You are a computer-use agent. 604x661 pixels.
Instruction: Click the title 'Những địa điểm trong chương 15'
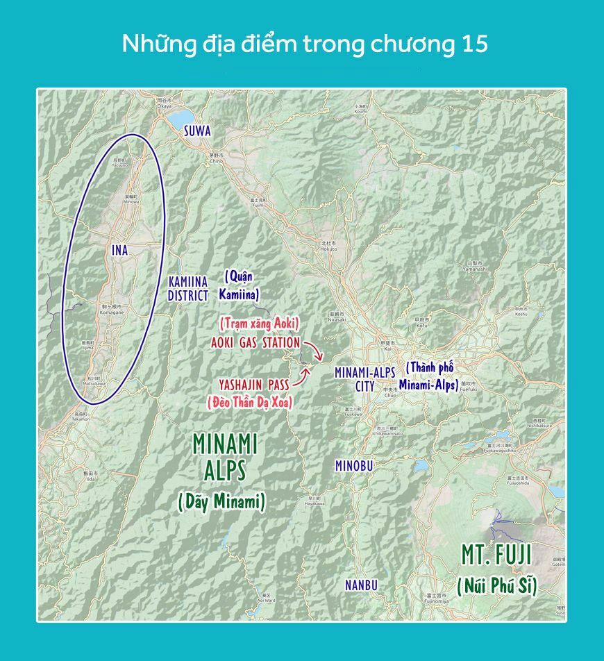[x=305, y=44]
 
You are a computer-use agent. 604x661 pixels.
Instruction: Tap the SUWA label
[x=197, y=131]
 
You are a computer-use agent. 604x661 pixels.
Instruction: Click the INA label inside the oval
[x=119, y=250]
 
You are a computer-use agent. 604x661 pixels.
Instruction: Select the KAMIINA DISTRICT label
[x=188, y=288]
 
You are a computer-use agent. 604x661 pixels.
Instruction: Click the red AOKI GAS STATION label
[x=255, y=343]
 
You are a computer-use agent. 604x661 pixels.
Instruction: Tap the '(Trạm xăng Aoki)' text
[x=259, y=323]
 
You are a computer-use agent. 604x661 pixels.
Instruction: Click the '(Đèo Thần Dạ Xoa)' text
[x=250, y=401]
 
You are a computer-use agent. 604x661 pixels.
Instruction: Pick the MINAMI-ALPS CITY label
[x=364, y=379]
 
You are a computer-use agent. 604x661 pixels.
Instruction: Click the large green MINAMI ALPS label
[x=225, y=456]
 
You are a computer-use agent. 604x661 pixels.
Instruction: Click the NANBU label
[x=361, y=585]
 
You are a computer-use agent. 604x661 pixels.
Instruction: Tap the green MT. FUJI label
[x=496, y=555]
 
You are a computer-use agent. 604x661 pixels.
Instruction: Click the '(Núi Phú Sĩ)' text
[x=497, y=585]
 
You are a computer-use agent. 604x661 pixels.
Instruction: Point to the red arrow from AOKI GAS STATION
[x=313, y=350]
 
